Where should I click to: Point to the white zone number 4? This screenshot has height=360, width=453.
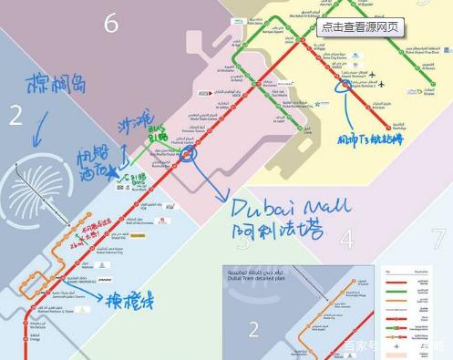(346, 240)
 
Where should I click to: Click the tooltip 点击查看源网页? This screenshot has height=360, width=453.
(360, 26)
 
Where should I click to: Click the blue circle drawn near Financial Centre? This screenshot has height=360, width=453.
(189, 154)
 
